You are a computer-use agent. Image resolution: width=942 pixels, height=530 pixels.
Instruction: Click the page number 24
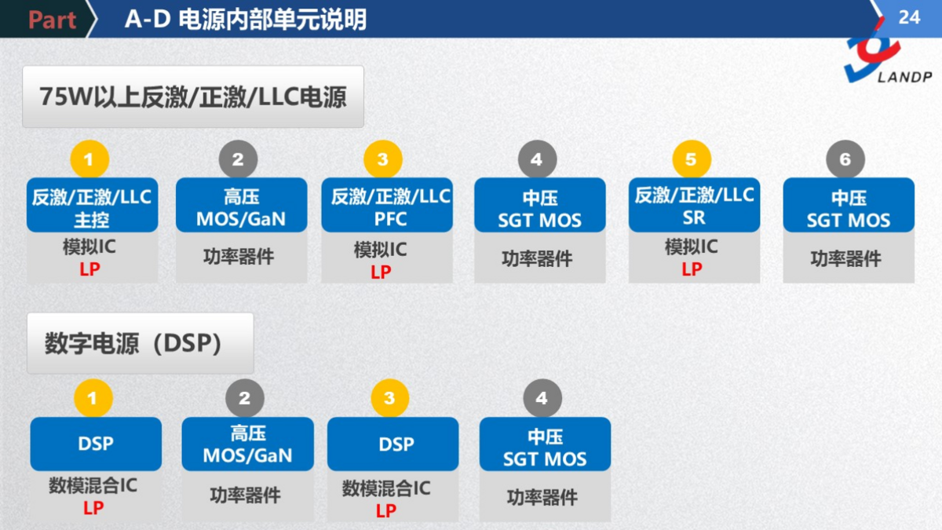(908, 16)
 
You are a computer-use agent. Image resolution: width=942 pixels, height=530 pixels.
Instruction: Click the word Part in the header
(52, 20)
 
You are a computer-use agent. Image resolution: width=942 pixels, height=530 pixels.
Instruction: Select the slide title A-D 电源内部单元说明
(245, 19)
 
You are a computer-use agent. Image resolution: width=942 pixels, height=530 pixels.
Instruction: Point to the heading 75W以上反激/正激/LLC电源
(193, 97)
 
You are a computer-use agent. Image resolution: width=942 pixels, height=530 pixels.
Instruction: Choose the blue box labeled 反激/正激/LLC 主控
(92, 206)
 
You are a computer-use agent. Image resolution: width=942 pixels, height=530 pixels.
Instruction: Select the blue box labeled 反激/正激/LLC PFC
(387, 206)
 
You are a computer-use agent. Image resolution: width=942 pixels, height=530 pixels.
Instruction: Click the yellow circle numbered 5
(691, 160)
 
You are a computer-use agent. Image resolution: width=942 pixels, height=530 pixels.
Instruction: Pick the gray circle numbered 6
(845, 160)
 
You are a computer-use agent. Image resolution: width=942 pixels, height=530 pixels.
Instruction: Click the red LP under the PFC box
(381, 272)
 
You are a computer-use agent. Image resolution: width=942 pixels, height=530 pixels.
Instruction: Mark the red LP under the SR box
(692, 269)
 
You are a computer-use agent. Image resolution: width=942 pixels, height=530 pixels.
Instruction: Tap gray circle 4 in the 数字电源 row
(542, 399)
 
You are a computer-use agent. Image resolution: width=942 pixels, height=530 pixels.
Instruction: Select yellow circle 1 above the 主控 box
(89, 160)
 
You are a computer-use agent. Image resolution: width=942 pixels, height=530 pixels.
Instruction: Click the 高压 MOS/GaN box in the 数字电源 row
(247, 444)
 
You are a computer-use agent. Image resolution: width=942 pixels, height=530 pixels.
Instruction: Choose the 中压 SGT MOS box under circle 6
(849, 206)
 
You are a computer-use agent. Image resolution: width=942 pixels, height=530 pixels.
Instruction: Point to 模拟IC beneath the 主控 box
(89, 247)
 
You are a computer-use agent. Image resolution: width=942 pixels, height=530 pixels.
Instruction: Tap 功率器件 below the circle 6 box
(845, 258)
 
